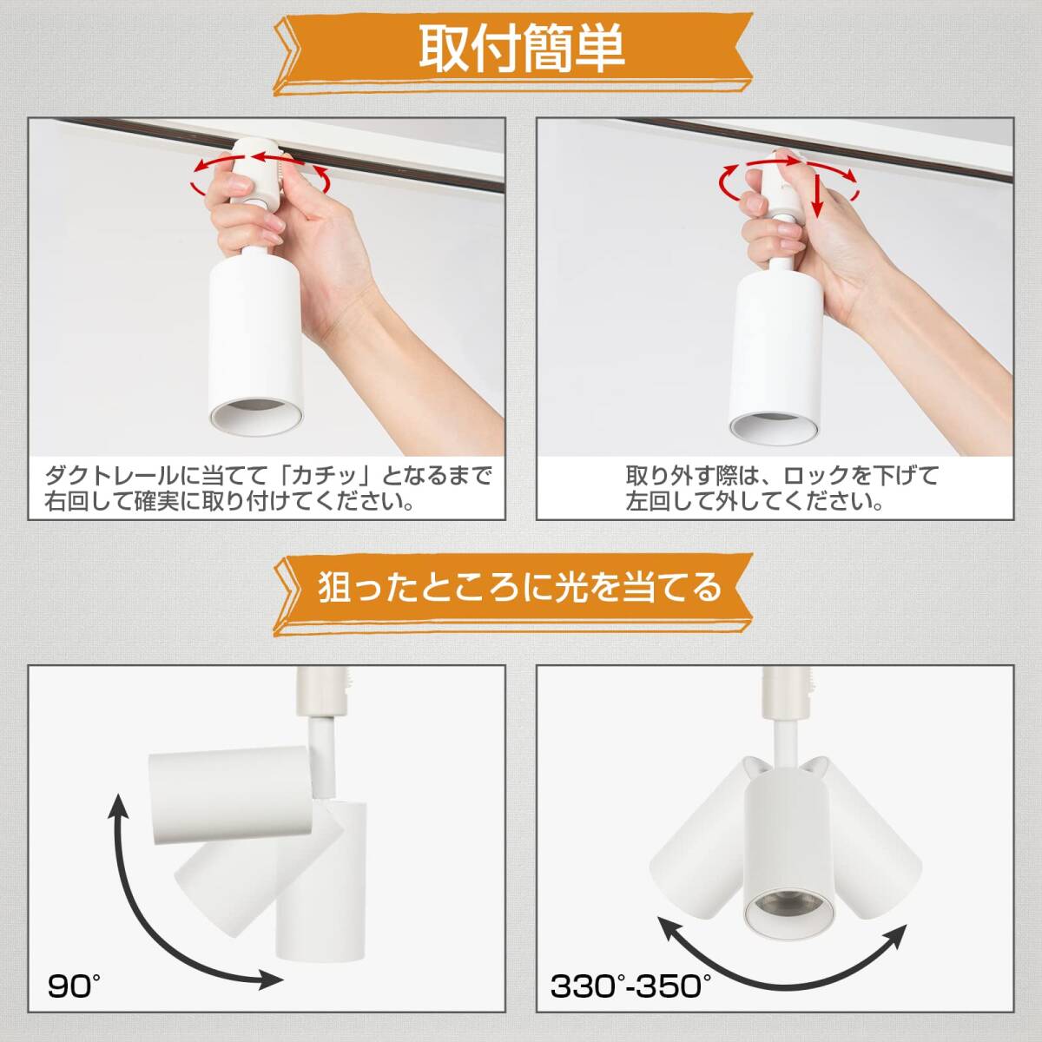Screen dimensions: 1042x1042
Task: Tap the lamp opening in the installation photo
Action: tap(256, 418)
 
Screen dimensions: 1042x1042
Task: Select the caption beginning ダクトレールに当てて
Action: tap(268, 489)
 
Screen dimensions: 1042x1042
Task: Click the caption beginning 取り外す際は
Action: tap(781, 489)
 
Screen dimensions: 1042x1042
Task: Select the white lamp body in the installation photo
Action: tap(256, 346)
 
